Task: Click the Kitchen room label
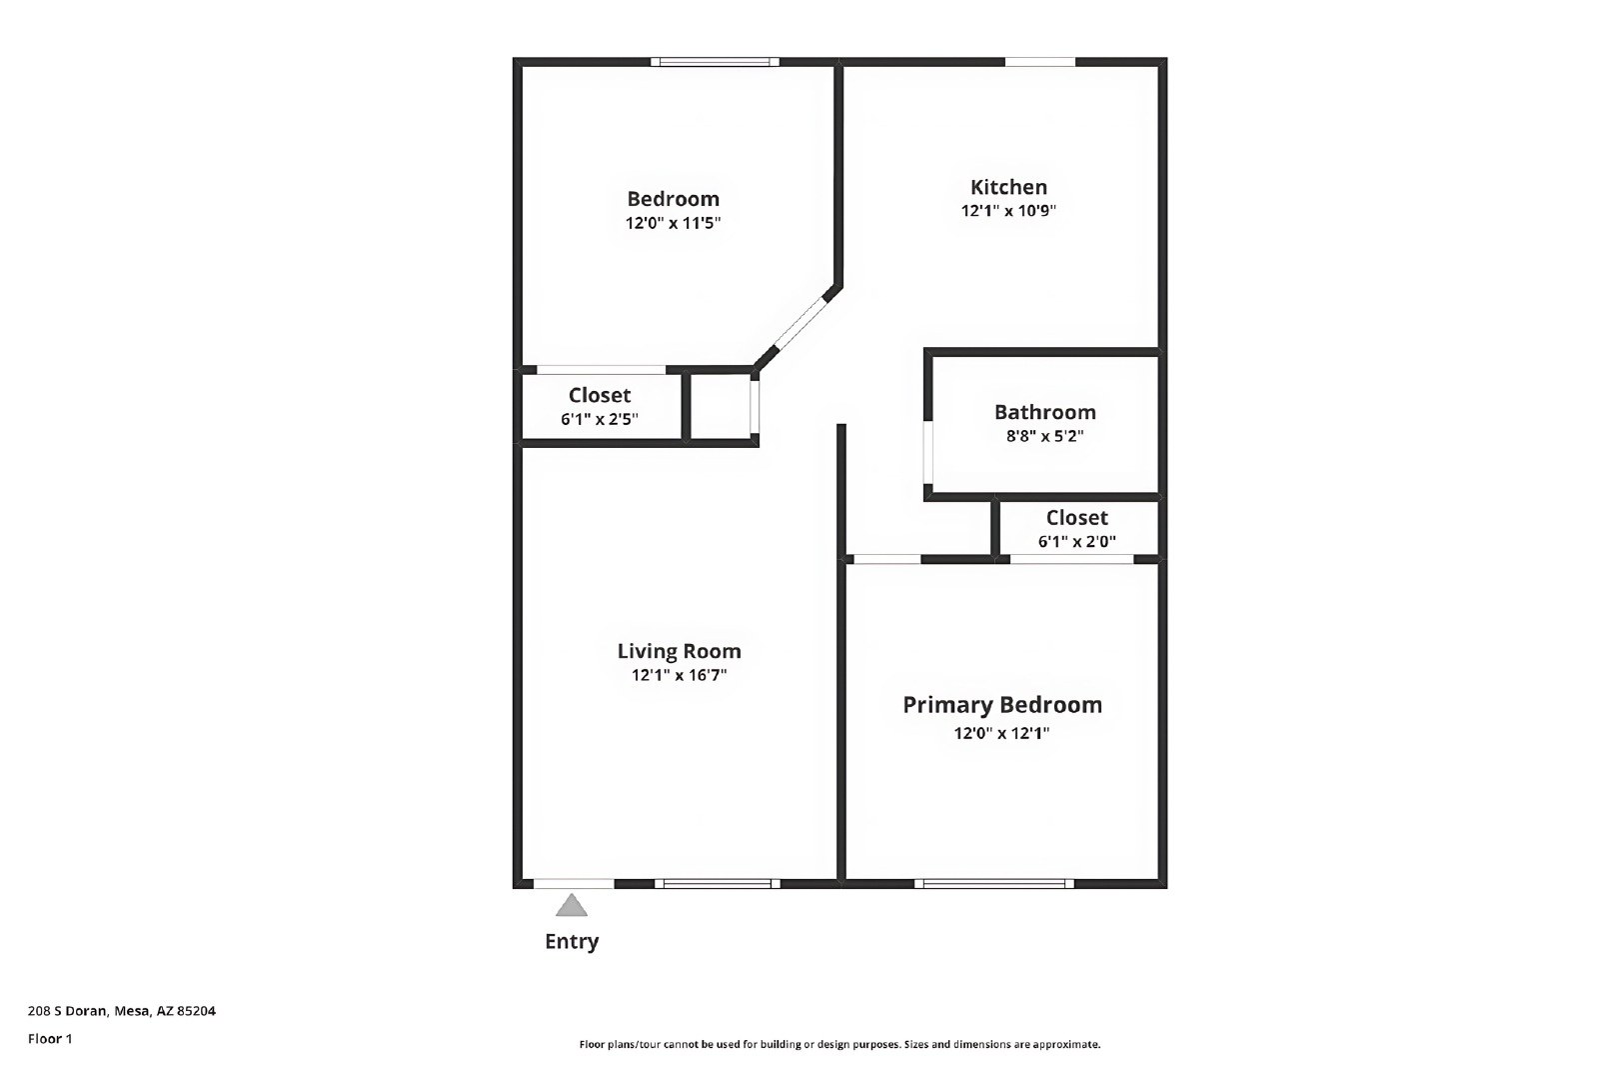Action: tap(1008, 187)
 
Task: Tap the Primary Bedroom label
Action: tap(1002, 705)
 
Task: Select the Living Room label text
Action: tap(679, 651)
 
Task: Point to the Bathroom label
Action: tap(1045, 412)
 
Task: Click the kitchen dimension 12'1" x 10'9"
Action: tap(1008, 211)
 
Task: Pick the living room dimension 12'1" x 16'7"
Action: tap(679, 675)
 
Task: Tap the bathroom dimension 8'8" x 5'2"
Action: tap(1045, 436)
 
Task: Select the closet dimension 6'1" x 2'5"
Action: tap(600, 419)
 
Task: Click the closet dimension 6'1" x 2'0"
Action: tap(1077, 542)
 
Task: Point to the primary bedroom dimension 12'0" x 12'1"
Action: tap(1002, 733)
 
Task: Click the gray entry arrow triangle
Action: tap(572, 905)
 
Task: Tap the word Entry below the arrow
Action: tap(572, 942)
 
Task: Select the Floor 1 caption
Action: tap(50, 1039)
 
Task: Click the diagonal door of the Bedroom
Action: tap(799, 323)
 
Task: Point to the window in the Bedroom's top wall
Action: tap(715, 62)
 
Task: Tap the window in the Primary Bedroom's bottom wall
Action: tap(994, 884)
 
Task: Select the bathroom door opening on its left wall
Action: tap(928, 452)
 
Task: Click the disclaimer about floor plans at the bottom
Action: tap(839, 1045)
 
